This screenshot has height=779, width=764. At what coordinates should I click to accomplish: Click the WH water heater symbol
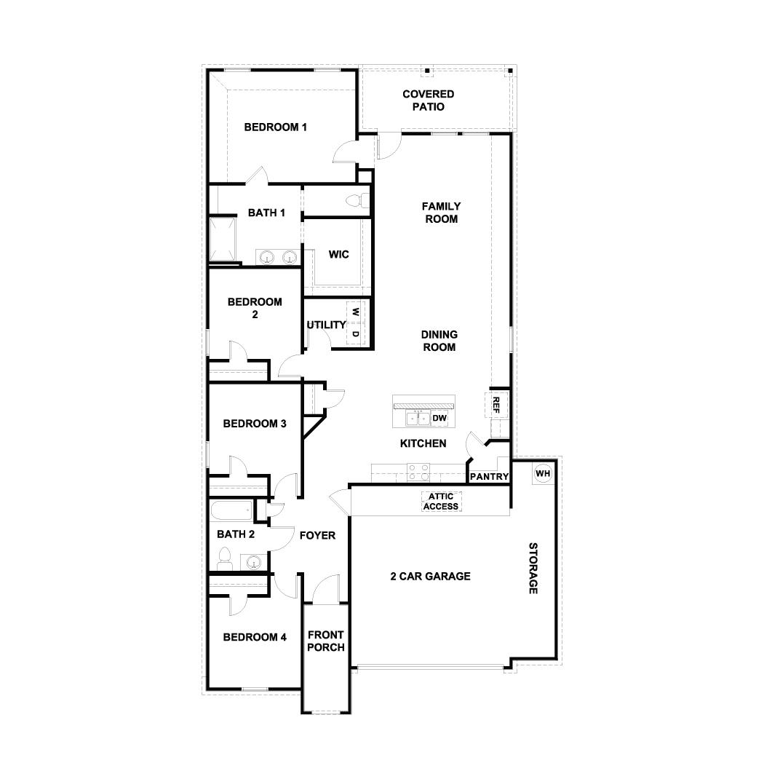tap(543, 474)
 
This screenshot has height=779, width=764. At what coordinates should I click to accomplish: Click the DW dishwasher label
tap(439, 418)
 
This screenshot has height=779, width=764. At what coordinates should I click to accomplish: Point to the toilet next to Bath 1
tap(356, 200)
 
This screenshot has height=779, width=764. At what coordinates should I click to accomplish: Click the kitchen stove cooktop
tap(418, 473)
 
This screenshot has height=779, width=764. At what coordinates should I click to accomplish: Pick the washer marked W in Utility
tap(356, 312)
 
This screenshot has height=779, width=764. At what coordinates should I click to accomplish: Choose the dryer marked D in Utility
tap(356, 333)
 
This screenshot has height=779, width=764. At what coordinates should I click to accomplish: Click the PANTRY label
tap(489, 477)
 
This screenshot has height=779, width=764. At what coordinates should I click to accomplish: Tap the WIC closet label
tap(338, 255)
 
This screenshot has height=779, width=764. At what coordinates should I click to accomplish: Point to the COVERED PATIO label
tap(429, 100)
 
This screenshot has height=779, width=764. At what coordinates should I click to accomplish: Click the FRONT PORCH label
tap(325, 641)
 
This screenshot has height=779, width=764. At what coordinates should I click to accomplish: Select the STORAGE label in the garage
tap(533, 568)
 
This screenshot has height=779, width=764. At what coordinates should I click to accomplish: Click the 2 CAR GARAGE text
tap(430, 577)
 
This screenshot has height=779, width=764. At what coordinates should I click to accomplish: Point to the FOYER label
tap(317, 536)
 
